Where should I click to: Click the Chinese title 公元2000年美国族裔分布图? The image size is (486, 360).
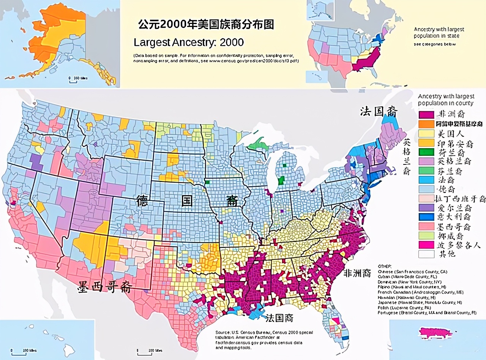206,25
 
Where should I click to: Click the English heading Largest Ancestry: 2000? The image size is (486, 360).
189,42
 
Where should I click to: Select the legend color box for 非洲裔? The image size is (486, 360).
426,114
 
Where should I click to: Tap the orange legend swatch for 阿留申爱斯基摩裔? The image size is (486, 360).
426,124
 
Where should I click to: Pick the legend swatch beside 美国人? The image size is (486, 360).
426,134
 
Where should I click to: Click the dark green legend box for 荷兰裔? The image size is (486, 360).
426,152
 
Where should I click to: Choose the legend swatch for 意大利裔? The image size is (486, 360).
426,217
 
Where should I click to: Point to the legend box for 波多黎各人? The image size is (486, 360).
426,245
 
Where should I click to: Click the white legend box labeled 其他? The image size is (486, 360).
426,254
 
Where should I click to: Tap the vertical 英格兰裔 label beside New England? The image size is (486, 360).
407,156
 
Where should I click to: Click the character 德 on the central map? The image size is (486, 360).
142,201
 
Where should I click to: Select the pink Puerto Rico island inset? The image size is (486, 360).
436,332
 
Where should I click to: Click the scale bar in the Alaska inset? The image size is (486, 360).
78,78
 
